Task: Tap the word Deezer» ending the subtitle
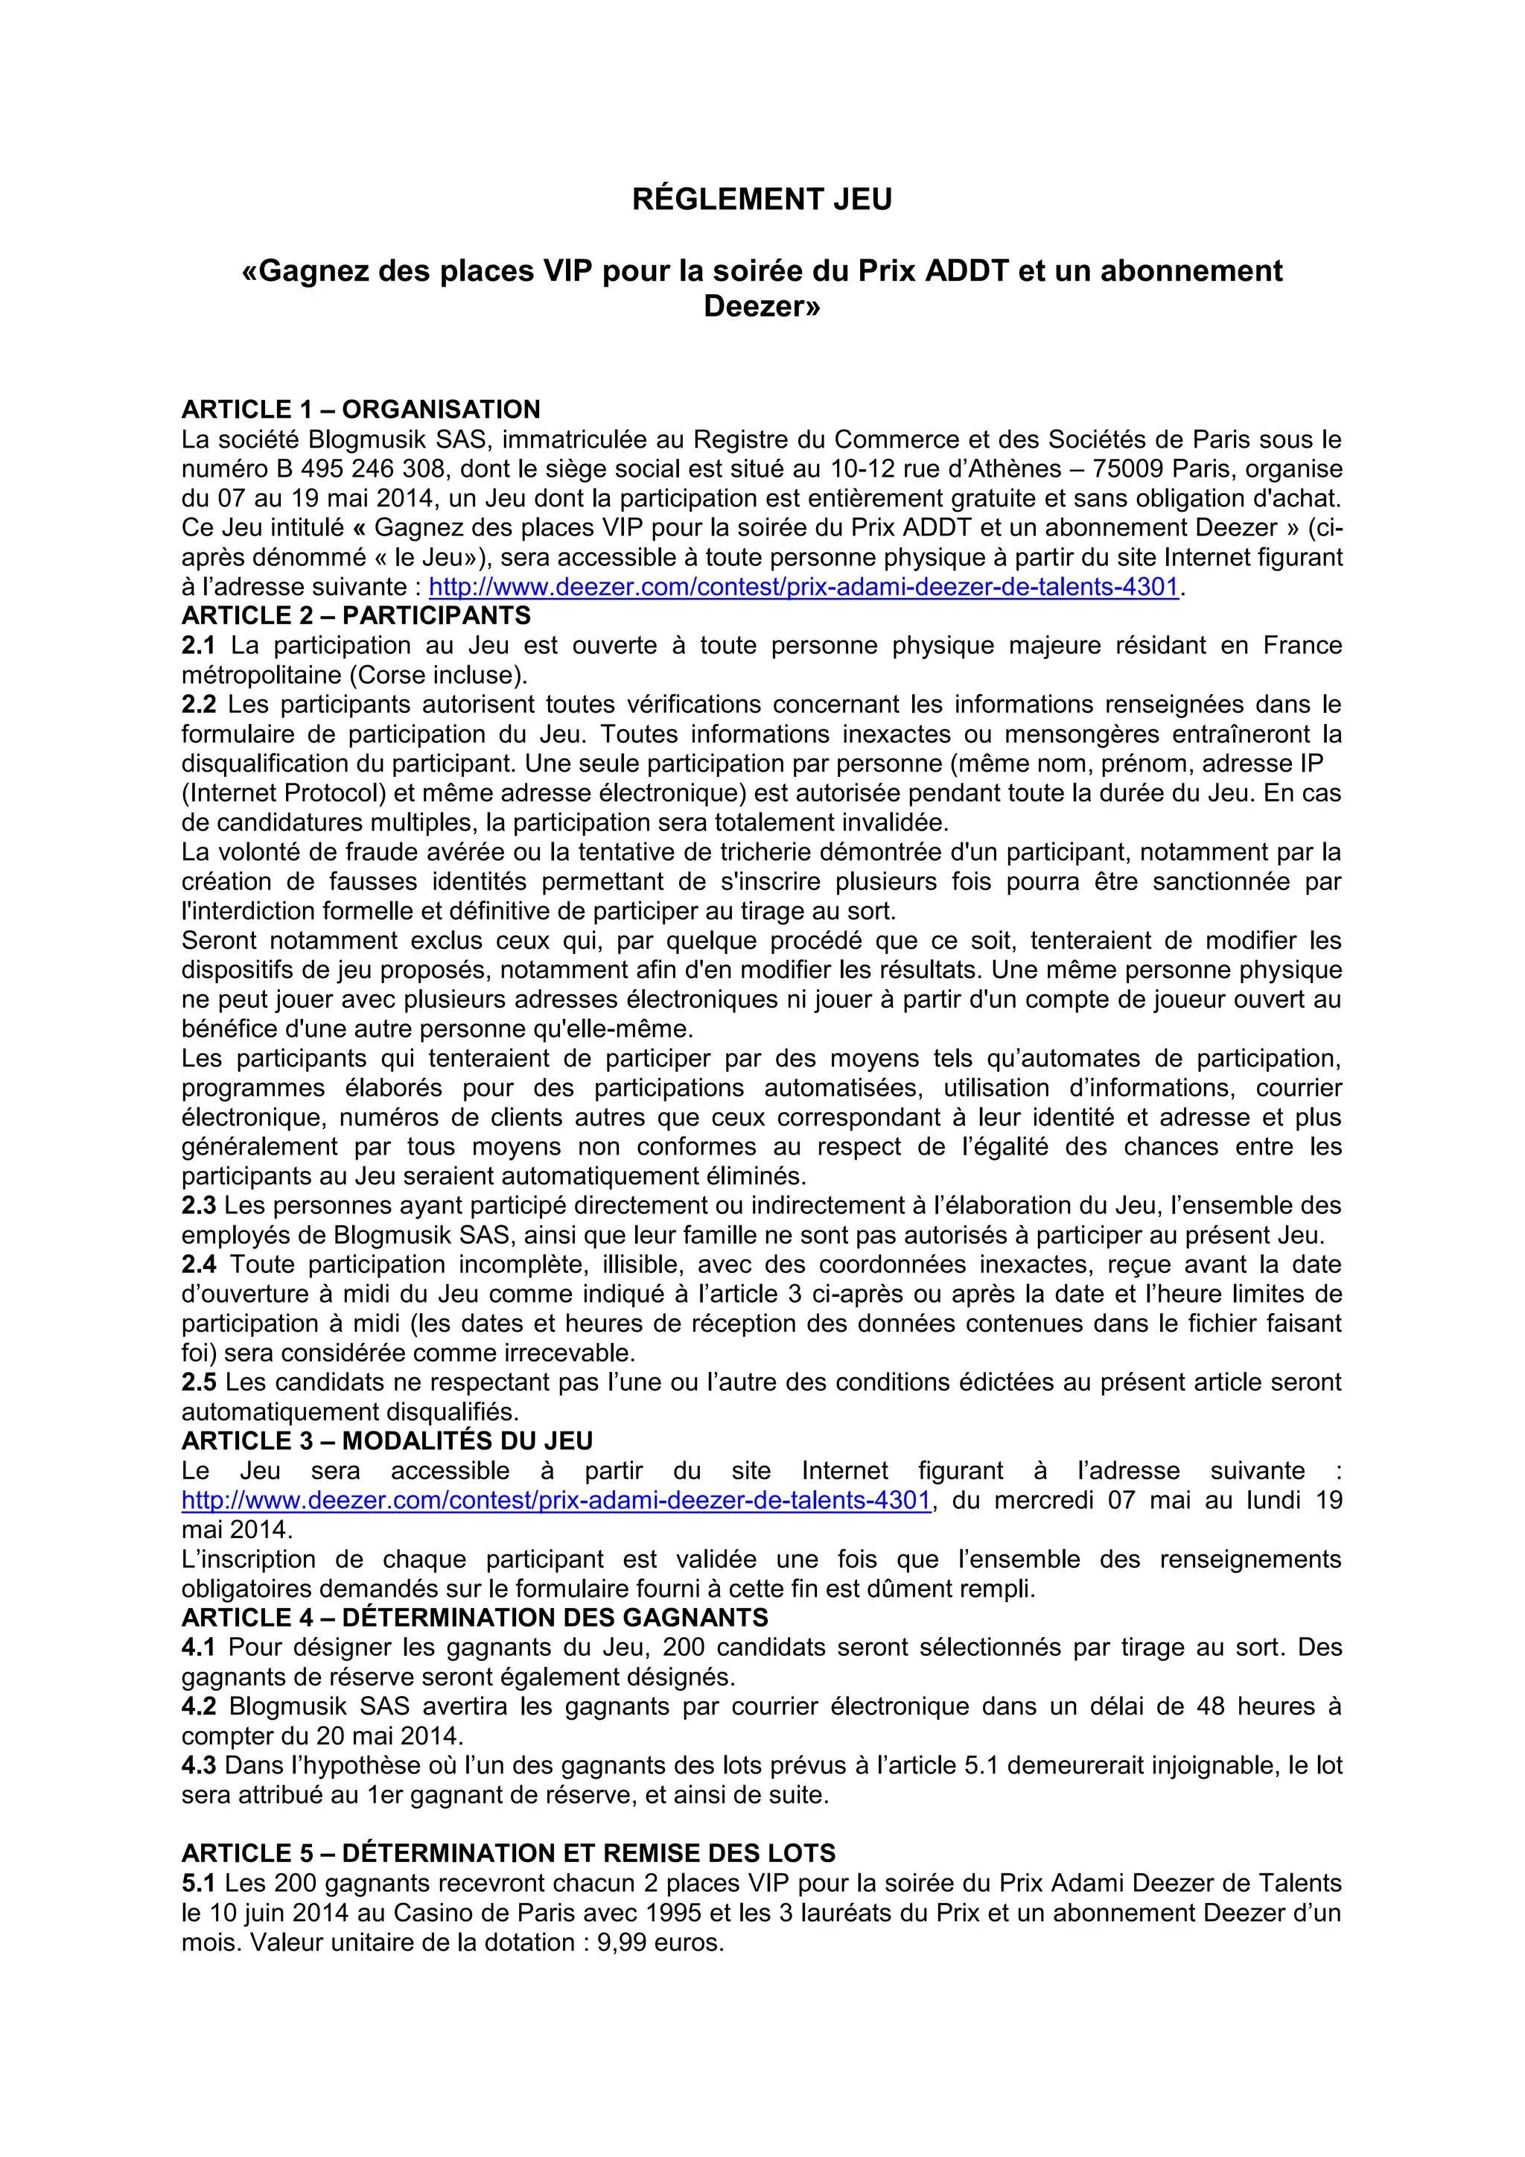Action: pyautogui.click(x=762, y=306)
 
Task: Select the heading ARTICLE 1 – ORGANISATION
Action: pyautogui.click(x=360, y=410)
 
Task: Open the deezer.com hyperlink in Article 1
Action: pyautogui.click(x=803, y=587)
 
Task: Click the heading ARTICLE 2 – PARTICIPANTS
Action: pyautogui.click(x=356, y=615)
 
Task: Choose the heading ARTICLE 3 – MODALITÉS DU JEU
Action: pyautogui.click(x=387, y=1441)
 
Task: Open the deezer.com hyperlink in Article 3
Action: pyautogui.click(x=556, y=1500)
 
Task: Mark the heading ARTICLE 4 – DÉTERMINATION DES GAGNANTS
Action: pyautogui.click(x=474, y=1618)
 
